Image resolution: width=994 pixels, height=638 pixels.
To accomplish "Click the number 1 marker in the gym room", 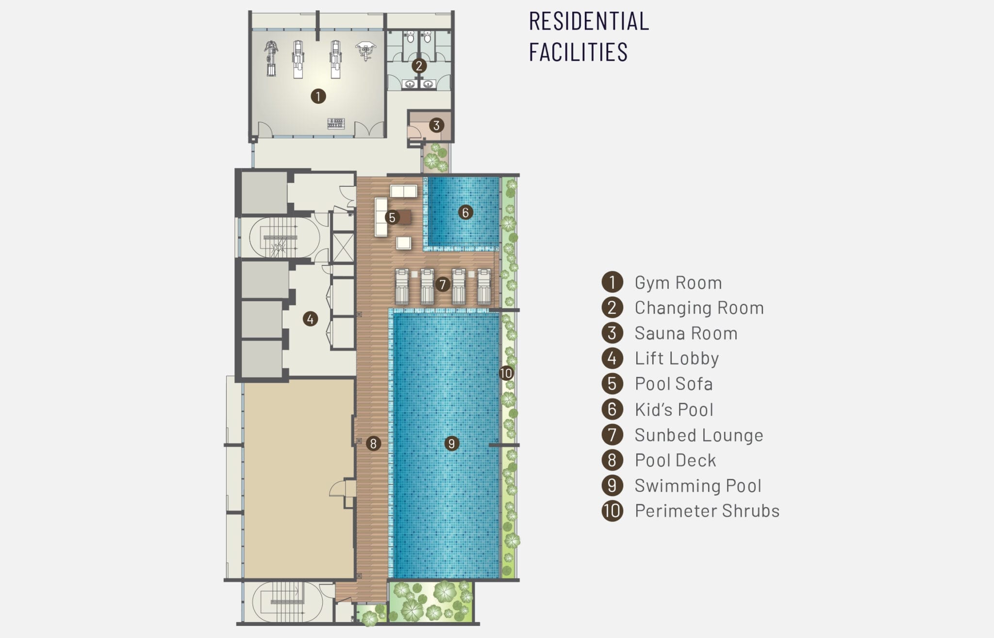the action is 318,96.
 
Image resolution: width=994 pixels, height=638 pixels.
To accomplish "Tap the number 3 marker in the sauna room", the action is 436,125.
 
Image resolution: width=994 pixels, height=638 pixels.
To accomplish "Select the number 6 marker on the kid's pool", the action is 465,212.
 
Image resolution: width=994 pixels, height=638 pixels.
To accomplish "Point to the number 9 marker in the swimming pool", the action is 451,443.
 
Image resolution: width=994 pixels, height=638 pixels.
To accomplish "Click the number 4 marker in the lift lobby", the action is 310,319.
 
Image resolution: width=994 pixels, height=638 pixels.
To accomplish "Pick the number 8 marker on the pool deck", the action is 373,443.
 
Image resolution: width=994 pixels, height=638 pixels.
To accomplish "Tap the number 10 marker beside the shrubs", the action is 506,373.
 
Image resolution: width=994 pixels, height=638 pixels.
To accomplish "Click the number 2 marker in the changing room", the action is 419,65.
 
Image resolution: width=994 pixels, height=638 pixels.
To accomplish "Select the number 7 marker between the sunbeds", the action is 442,284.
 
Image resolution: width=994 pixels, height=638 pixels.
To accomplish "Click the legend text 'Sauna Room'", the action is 686,333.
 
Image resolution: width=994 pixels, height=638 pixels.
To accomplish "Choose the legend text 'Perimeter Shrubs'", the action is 707,511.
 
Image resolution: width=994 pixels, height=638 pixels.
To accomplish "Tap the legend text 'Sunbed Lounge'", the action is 699,435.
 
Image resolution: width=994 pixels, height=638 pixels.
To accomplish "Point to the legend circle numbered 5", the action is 612,384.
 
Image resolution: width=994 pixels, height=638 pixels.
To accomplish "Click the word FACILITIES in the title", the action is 578,52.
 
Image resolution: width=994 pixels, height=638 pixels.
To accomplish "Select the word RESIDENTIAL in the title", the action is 589,21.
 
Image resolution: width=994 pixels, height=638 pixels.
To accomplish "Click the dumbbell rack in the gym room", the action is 336,123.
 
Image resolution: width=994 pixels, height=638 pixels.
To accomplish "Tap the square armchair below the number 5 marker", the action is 404,243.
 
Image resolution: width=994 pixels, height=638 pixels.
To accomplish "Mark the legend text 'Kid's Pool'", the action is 674,409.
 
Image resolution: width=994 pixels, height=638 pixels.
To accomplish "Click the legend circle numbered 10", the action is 612,511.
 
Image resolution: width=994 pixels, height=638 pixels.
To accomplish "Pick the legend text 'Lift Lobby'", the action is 677,359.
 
